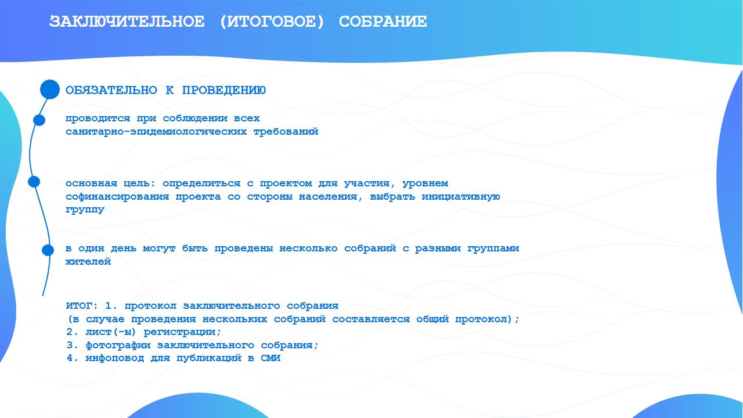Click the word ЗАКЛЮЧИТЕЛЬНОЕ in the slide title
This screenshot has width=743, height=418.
[127, 21]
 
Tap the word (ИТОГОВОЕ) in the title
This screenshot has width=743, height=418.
[272, 22]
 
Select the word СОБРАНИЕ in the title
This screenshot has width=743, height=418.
[383, 21]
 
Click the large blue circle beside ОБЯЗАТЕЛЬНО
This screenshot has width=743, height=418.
[50, 89]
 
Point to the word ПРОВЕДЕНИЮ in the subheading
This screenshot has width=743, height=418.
[224, 90]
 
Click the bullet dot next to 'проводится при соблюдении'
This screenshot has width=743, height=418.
[39, 120]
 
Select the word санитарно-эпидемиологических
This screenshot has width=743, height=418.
[156, 132]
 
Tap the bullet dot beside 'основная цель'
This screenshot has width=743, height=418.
[34, 182]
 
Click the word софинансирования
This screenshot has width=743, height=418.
[117, 197]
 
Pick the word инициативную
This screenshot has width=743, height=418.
[461, 197]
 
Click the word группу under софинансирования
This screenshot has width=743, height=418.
[85, 210]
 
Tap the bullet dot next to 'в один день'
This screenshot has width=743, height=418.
[48, 250]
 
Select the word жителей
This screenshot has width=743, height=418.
[88, 262]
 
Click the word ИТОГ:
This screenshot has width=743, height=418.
[82, 305]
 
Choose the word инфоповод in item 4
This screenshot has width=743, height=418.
[114, 359]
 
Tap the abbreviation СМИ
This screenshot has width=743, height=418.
[270, 358]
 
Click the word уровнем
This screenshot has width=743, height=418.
[425, 183]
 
